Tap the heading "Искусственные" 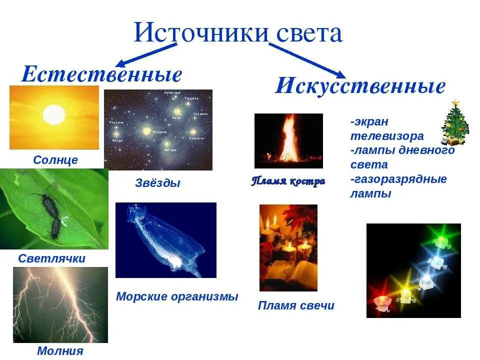point(360,86)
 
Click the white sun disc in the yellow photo point(54,115)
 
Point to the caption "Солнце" point(55,160)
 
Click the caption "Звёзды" point(157,183)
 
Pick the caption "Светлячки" point(51,258)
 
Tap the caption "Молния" point(60,351)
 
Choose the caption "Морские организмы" point(177,296)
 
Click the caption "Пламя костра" point(288,181)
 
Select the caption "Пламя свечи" point(296,305)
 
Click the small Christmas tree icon point(455,123)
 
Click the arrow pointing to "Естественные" point(146,55)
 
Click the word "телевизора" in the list point(387,136)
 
